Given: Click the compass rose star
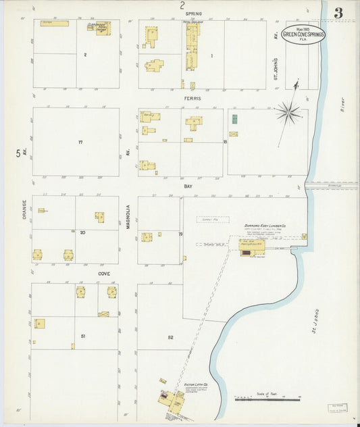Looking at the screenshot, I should [288, 111].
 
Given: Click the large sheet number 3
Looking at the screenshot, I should [337, 12].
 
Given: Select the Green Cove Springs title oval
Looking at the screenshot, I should [303, 34].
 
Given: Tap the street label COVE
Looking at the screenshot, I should [103, 273].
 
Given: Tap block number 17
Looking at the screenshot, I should [80, 142].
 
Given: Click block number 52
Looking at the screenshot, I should [170, 336].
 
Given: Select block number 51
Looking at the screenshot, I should [83, 336].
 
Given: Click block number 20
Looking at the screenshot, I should [82, 232].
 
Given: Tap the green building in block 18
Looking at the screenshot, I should [234, 119].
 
